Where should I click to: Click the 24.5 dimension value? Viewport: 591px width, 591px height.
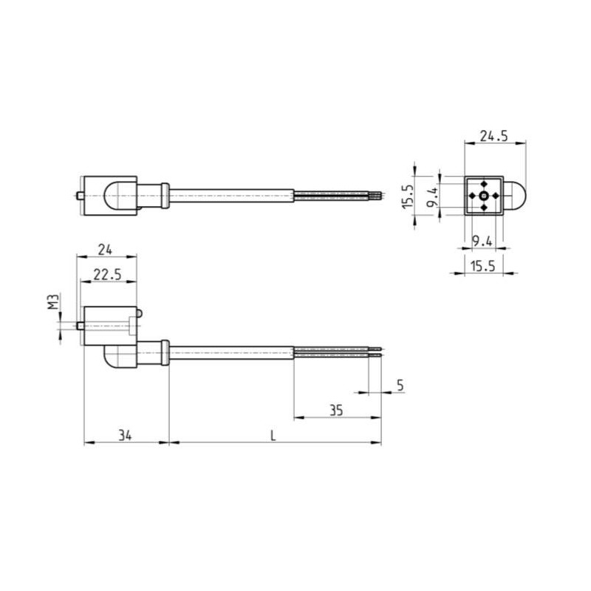(x=494, y=135)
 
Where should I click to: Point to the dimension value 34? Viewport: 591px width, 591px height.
(x=124, y=436)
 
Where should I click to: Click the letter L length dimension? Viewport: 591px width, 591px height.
(x=273, y=436)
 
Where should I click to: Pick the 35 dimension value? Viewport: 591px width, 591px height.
(x=337, y=410)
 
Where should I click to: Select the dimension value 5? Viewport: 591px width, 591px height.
(x=400, y=384)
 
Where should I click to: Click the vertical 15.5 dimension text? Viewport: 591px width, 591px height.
(x=406, y=196)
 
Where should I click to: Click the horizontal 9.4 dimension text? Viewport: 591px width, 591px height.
(x=482, y=240)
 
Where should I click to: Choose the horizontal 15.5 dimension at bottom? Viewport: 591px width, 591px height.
(x=482, y=266)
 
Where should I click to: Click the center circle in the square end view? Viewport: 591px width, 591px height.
(x=483, y=196)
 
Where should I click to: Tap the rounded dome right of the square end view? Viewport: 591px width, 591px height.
(x=513, y=196)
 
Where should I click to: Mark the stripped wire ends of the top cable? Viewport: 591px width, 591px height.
(x=377, y=196)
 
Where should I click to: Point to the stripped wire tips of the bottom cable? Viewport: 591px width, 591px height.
(x=377, y=352)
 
